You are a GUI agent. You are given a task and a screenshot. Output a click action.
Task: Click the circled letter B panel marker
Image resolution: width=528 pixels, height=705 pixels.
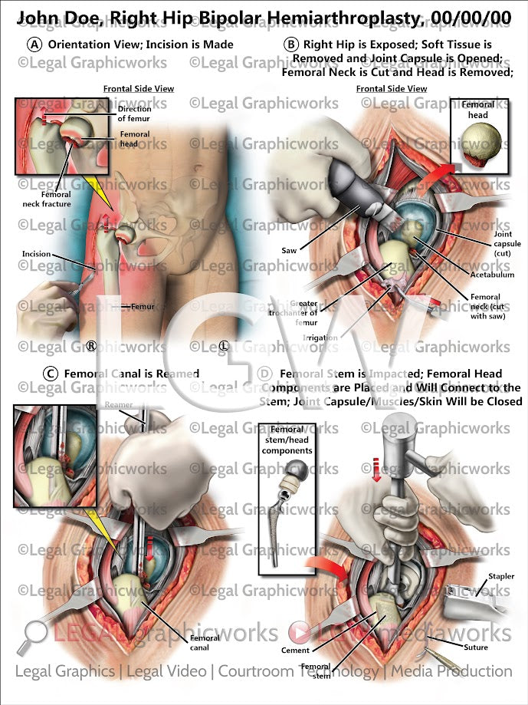point(291,44)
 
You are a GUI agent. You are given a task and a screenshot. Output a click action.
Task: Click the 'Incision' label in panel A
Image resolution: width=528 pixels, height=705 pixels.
point(36,254)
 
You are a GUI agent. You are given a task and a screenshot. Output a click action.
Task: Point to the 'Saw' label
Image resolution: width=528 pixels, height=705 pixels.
point(289,250)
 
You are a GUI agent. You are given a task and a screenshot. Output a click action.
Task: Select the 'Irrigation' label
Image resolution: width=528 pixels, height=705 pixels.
point(320,337)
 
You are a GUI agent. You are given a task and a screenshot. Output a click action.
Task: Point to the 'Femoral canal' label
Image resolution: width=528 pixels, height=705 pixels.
point(204,641)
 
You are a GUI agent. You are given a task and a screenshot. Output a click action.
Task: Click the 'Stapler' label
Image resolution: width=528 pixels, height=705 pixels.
point(501,576)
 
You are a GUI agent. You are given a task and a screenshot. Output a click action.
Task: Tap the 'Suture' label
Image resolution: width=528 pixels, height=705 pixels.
point(498,647)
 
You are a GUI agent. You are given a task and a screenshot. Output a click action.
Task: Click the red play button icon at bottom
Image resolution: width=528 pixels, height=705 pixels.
point(300,633)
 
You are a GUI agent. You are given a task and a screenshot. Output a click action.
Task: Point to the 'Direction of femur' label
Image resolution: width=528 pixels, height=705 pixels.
point(135,114)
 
